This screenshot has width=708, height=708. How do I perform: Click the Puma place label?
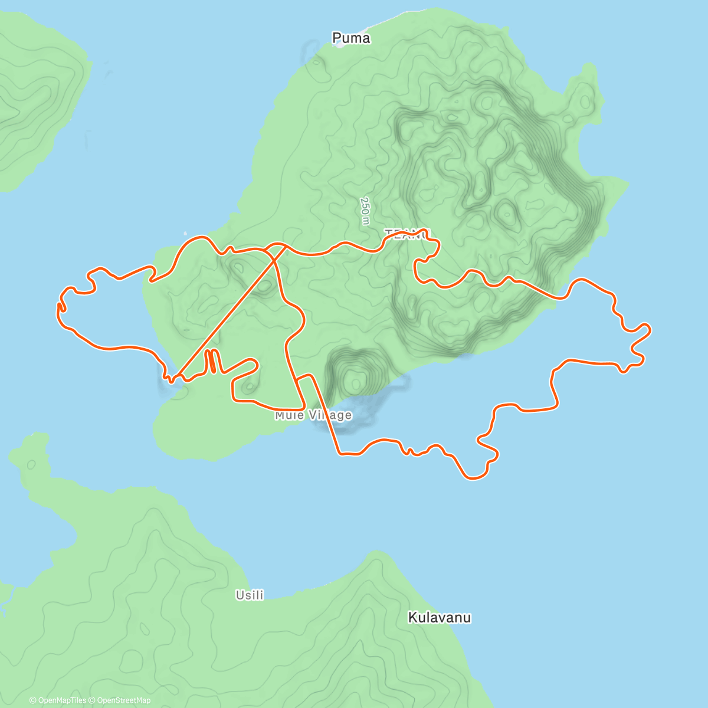pos(351,38)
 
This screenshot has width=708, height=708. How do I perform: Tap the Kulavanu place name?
pos(440,618)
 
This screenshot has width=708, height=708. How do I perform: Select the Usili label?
pos(250,595)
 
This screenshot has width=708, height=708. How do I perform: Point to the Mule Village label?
pos(313,415)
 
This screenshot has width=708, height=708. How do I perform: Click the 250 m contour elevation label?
pos(366,211)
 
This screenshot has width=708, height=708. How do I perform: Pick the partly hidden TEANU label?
pos(407,234)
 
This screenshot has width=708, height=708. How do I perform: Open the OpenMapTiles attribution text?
pos(58,700)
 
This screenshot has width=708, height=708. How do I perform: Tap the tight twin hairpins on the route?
pos(212,362)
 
